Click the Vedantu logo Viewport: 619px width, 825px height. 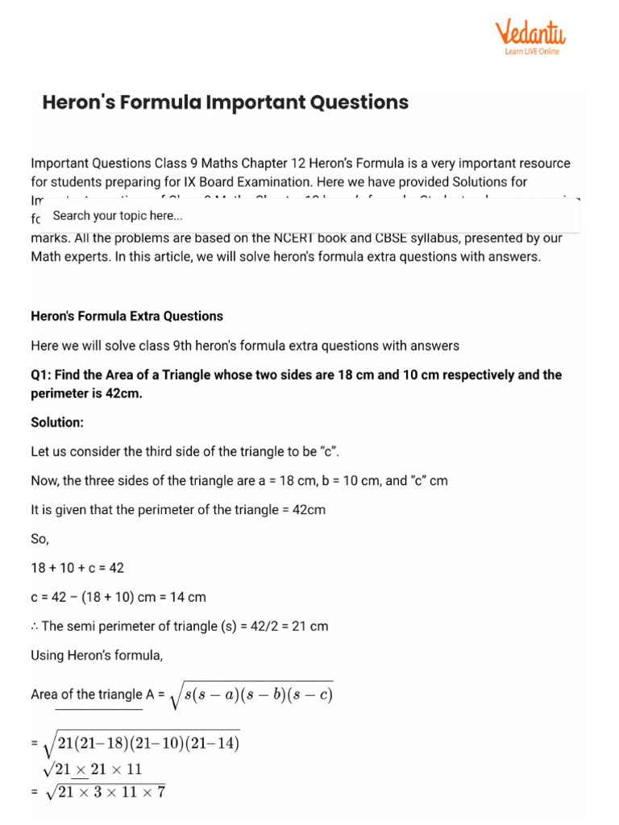coord(530,33)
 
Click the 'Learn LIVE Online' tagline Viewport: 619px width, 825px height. coord(532,52)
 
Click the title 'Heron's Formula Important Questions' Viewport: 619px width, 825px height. coord(225,102)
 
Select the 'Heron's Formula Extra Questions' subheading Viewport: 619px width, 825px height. coord(127,317)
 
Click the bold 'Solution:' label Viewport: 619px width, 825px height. coord(57,422)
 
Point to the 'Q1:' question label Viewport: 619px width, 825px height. coord(42,375)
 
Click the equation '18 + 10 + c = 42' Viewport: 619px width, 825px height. coord(77,568)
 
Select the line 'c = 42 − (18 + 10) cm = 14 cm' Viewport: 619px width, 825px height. coord(118,597)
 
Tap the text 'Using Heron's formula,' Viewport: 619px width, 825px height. coord(97,655)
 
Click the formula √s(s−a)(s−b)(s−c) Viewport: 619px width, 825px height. coord(251,694)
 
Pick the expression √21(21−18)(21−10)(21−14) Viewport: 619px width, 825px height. coord(140,743)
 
